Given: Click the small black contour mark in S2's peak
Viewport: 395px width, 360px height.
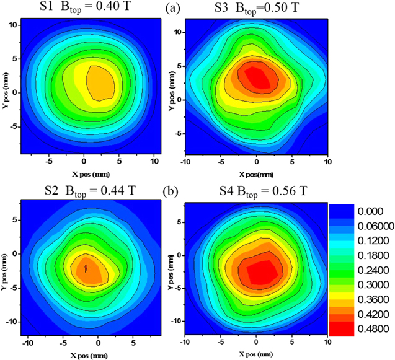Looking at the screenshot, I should pos(86,268).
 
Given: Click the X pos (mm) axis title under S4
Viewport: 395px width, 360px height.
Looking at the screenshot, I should pos(255,353).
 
